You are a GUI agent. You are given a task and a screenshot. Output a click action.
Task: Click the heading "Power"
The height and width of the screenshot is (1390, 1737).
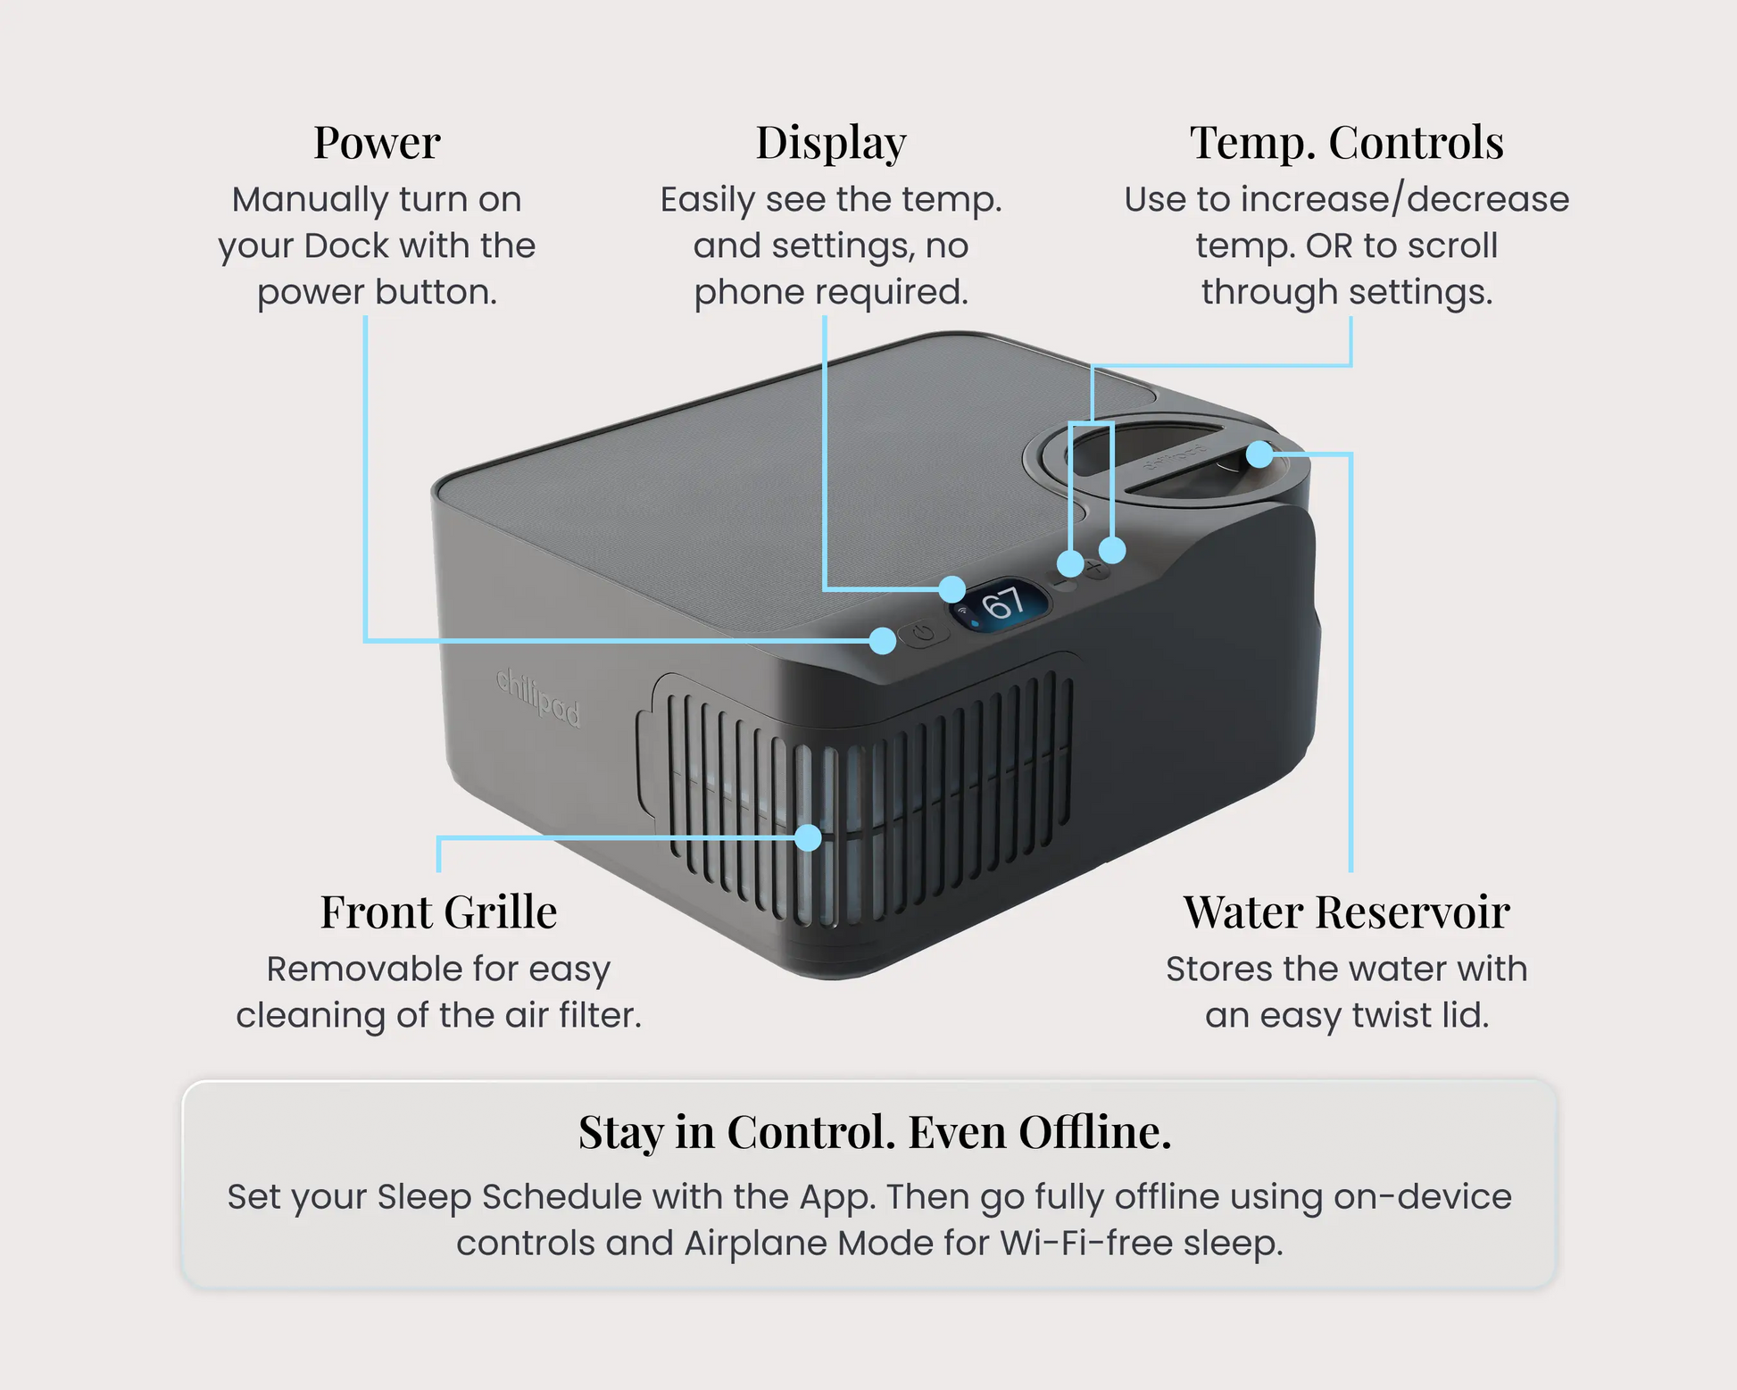[377, 143]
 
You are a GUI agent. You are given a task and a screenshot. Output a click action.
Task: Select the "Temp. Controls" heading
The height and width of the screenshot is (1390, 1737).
[1347, 144]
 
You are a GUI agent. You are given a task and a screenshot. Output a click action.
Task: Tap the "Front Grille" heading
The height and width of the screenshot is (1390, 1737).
[439, 912]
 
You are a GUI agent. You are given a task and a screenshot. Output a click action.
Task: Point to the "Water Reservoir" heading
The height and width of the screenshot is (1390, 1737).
[1347, 912]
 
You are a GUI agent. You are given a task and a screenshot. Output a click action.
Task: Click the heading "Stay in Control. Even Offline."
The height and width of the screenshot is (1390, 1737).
[875, 1132]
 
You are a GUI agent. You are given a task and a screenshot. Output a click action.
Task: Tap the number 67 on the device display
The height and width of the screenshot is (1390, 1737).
[1002, 603]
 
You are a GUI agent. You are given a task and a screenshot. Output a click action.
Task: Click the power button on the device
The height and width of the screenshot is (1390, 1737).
[924, 634]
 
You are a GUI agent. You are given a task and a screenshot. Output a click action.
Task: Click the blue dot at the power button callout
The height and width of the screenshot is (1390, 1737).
[883, 640]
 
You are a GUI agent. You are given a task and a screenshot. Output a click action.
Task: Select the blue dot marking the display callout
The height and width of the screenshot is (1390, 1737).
[952, 589]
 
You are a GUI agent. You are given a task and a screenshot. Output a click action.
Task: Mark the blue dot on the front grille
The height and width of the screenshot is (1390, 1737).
[808, 837]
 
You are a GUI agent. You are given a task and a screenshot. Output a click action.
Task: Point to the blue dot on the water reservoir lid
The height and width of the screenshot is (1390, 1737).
[1259, 454]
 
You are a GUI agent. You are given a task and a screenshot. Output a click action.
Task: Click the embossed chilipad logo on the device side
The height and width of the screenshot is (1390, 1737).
[537, 696]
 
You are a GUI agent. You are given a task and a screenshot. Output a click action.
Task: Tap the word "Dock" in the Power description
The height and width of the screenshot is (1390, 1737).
[345, 246]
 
